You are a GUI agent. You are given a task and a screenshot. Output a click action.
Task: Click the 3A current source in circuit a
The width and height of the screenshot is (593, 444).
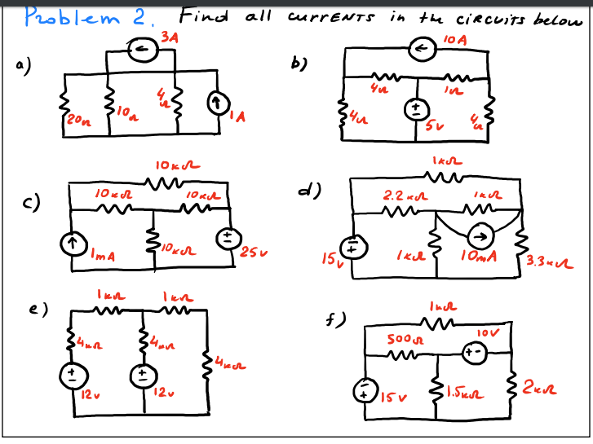coord(145,51)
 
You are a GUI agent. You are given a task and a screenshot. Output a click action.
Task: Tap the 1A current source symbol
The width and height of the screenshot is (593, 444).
coord(215,104)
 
